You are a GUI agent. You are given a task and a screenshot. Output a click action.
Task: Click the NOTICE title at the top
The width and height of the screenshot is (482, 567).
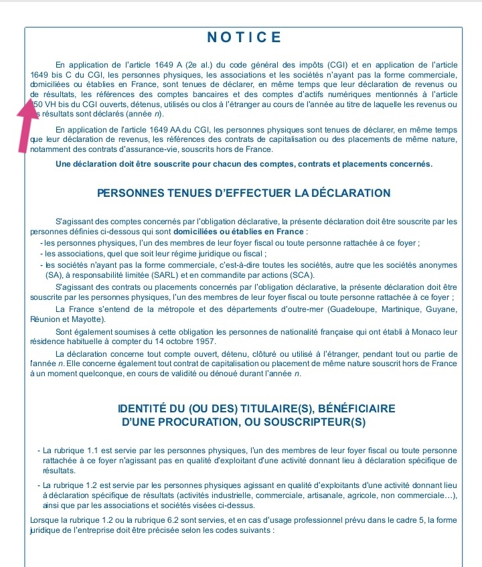click(x=244, y=37)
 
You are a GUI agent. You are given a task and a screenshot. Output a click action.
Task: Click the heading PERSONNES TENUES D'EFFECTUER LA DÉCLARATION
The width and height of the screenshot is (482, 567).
click(x=244, y=193)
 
